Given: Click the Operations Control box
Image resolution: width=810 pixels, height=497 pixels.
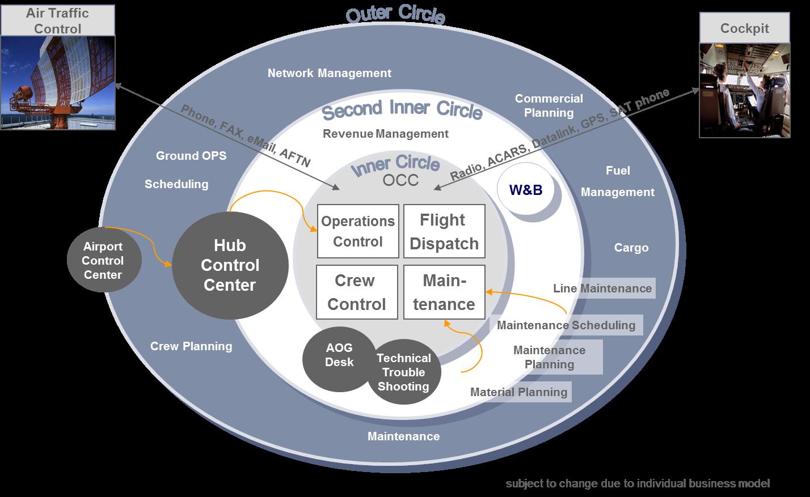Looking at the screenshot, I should pyautogui.click(x=357, y=231).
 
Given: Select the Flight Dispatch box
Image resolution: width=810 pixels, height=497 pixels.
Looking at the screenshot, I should pyautogui.click(x=444, y=231).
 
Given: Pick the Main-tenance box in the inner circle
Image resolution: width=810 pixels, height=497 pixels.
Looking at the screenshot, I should pyautogui.click(x=444, y=292).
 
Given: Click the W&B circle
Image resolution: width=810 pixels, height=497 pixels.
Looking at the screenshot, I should pyautogui.click(x=526, y=190).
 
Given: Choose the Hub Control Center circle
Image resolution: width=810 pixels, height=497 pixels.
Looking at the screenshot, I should pyautogui.click(x=230, y=265).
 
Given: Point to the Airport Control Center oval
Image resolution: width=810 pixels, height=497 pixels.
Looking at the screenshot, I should pyautogui.click(x=103, y=261).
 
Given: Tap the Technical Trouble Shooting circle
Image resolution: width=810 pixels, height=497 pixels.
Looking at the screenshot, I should pyautogui.click(x=403, y=372).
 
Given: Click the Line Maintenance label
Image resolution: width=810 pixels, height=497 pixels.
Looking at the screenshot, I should pyautogui.click(x=602, y=288).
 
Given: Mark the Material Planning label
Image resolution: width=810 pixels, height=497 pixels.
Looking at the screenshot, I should pyautogui.click(x=519, y=392).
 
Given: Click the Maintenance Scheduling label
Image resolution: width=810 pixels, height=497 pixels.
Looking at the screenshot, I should pyautogui.click(x=566, y=325).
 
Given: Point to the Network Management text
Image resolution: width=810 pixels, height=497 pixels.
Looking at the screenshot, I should pyautogui.click(x=330, y=73).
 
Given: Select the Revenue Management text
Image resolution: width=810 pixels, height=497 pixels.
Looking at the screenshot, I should pyautogui.click(x=386, y=134).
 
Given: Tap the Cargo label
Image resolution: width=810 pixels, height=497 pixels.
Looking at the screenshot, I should pyautogui.click(x=631, y=248).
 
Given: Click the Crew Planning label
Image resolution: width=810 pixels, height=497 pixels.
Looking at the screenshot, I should pyautogui.click(x=191, y=346).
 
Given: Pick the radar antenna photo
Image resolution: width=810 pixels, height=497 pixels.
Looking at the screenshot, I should pyautogui.click(x=58, y=83).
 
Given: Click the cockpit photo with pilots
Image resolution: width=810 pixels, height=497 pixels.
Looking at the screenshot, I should pyautogui.click(x=744, y=91).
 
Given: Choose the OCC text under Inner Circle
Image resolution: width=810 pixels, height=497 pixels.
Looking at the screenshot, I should pyautogui.click(x=400, y=180).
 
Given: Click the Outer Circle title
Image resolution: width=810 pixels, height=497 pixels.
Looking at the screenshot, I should pyautogui.click(x=395, y=15).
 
